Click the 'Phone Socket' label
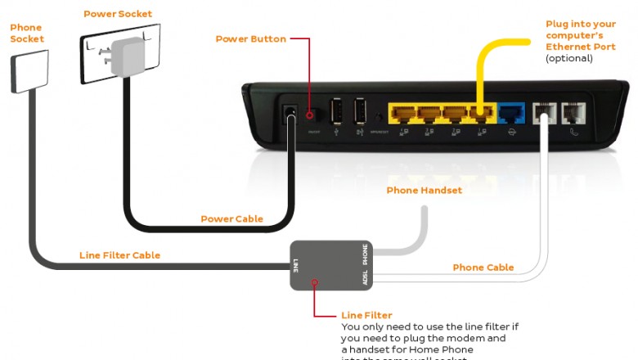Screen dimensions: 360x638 [x=27, y=33]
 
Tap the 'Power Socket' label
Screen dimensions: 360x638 [x=118, y=14]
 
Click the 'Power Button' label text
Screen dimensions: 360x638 [x=250, y=38]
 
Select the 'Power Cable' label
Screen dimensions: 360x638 [x=231, y=218]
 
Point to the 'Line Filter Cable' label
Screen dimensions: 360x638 [x=119, y=255]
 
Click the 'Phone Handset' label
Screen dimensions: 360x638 [x=425, y=191]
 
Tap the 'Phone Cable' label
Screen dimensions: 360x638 [x=483, y=268]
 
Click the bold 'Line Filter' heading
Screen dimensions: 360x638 [x=366, y=315]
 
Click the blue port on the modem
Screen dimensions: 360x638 [x=512, y=113]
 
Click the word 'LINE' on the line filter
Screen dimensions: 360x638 [x=295, y=264]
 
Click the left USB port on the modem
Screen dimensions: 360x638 [x=336, y=112]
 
